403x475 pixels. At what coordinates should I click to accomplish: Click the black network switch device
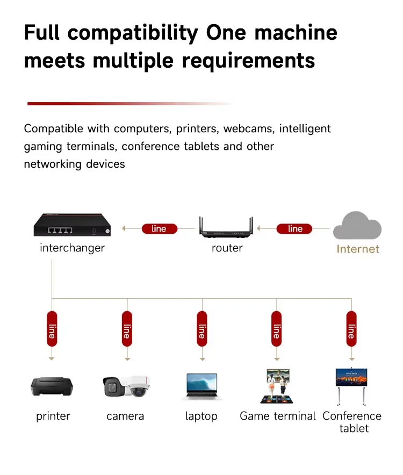tap(72, 225)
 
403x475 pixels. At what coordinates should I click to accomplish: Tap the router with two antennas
tap(226, 227)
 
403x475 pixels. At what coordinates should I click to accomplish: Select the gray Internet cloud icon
tap(357, 226)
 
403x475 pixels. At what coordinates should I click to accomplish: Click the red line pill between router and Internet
tap(294, 229)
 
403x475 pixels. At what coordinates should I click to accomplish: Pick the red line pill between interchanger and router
tap(160, 229)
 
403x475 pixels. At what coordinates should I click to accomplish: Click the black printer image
tap(52, 386)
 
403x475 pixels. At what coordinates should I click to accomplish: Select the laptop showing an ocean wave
tap(202, 387)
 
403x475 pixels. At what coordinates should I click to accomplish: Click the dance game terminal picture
tap(277, 386)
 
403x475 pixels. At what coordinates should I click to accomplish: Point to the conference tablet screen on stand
tap(351, 387)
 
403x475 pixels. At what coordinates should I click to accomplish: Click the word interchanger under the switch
tap(72, 248)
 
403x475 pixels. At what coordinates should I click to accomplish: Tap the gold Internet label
tap(358, 249)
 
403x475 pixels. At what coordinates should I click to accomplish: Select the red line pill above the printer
tap(52, 329)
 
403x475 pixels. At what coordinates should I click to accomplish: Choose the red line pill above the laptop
tap(202, 329)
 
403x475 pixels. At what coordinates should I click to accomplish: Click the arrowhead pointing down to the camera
tap(127, 359)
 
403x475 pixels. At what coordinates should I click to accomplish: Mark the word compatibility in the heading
tap(133, 33)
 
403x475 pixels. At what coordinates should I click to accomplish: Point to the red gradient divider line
tap(130, 104)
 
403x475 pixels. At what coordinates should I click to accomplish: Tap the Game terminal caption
tap(278, 416)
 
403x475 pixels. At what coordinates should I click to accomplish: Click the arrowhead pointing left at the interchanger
tap(124, 228)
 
